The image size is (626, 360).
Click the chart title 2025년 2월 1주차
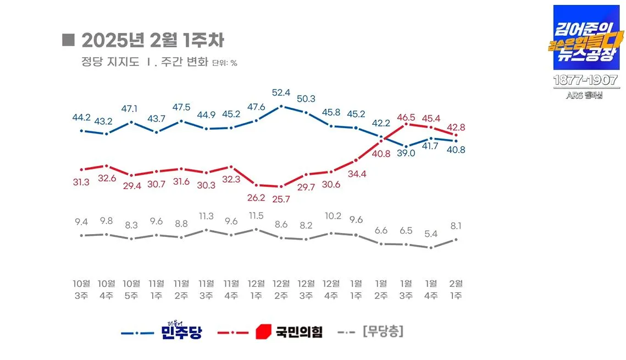(152, 40)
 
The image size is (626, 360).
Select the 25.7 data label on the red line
(281, 199)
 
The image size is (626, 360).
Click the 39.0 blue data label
(406, 153)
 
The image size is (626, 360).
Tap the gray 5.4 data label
(431, 234)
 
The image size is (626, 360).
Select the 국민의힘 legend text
(298, 331)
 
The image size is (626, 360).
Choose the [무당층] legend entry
(383, 331)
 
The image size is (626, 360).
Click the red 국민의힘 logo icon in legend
(264, 331)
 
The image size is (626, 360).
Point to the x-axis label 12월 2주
(281, 289)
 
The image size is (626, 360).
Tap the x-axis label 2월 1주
(456, 289)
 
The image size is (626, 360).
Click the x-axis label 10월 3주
(81, 289)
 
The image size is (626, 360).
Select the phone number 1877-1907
(585, 80)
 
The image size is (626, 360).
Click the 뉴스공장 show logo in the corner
(585, 37)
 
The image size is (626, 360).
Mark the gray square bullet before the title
(69, 40)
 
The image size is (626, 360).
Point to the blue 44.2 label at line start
(81, 117)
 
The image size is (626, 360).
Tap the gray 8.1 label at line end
(456, 226)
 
